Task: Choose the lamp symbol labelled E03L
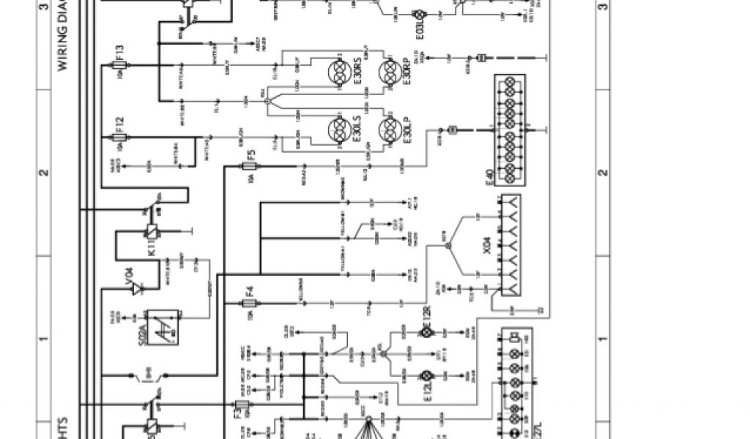pyautogui.click(x=420, y=15)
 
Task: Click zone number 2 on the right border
pyautogui.click(x=602, y=173)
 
